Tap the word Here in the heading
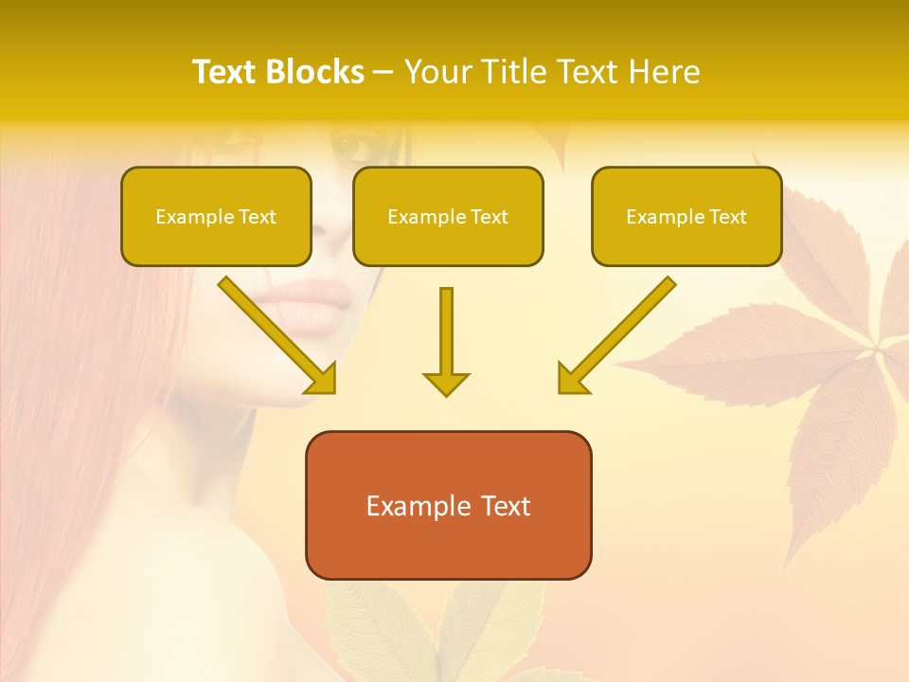pyautogui.click(x=664, y=72)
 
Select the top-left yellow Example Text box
pyautogui.click(x=216, y=216)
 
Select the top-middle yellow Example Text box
pyautogui.click(x=448, y=216)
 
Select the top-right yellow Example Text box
pyautogui.click(x=686, y=216)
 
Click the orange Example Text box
pyautogui.click(x=448, y=505)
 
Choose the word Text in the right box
pyautogui.click(x=727, y=216)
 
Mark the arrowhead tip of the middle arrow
pyautogui.click(x=446, y=394)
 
